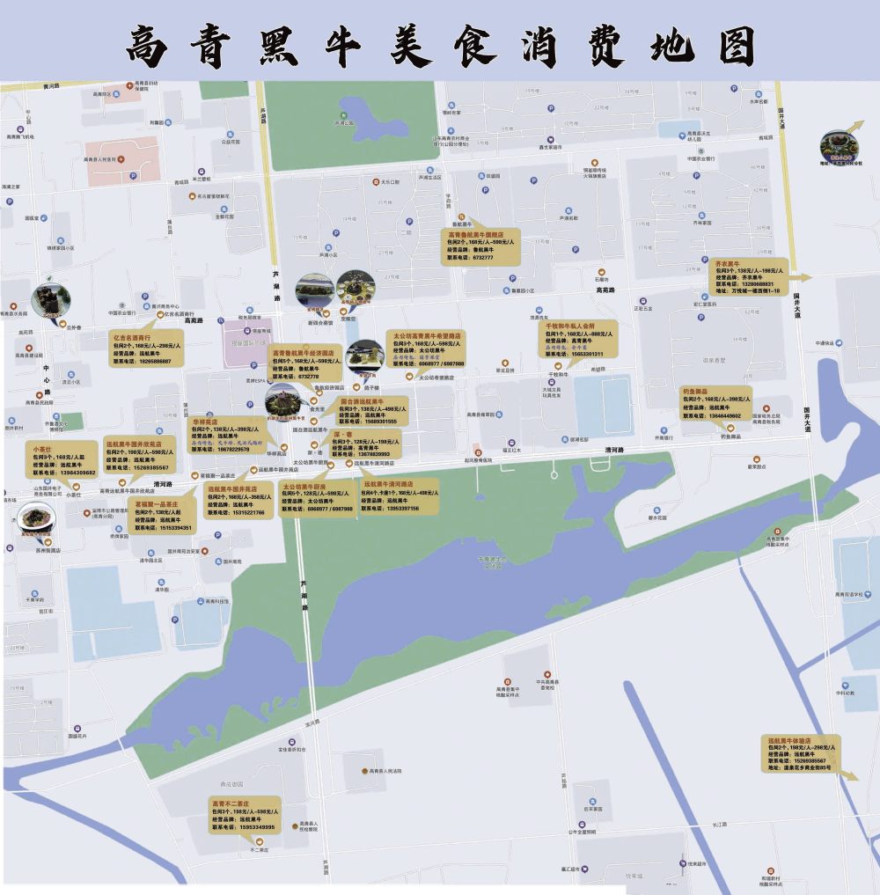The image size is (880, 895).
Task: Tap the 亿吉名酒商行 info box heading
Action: [132, 337]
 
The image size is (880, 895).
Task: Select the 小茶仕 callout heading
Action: [43, 450]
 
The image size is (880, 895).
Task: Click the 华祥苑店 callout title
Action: [205, 421]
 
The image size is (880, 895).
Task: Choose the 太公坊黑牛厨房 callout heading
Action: [304, 486]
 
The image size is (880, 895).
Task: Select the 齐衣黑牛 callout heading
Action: [724, 262]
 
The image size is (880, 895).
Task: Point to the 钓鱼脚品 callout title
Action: [695, 391]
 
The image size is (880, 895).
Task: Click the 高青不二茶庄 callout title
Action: [231, 803]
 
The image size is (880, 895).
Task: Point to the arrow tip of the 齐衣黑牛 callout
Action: [811, 276]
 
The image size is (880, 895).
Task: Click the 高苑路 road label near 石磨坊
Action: [605, 290]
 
